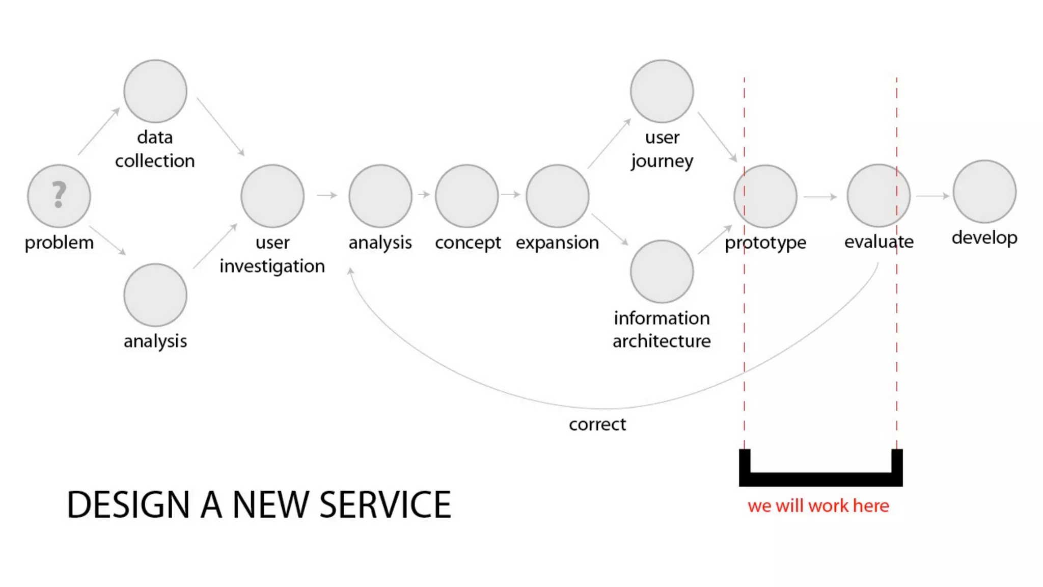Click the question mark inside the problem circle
click(x=59, y=195)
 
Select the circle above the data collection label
click(x=155, y=91)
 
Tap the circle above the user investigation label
click(x=272, y=196)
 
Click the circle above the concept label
click(x=467, y=196)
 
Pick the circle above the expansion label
click(x=558, y=196)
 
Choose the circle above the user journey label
click(x=662, y=91)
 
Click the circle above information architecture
click(x=662, y=271)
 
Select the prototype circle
click(x=765, y=196)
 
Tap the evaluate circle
click(x=879, y=195)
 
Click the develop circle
click(x=984, y=192)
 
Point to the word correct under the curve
click(x=597, y=424)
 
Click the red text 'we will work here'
click(x=818, y=506)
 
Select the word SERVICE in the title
click(x=386, y=505)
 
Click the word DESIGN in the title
click(x=128, y=505)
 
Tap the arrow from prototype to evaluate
click(x=820, y=197)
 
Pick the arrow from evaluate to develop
click(x=932, y=196)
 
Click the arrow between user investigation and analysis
click(x=327, y=195)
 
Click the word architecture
click(x=662, y=341)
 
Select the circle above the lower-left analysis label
click(x=155, y=295)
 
